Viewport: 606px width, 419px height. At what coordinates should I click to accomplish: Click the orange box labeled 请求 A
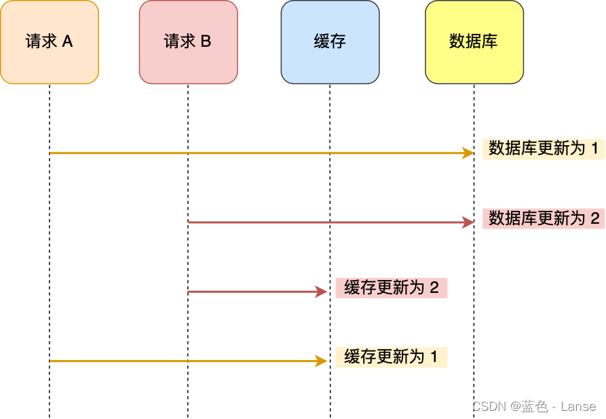click(x=50, y=42)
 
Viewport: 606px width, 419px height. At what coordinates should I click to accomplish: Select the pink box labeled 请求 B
click(x=188, y=42)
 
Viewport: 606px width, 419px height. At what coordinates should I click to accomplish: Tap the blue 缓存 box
click(x=330, y=42)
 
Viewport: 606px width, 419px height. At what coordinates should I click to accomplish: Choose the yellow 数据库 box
click(x=474, y=42)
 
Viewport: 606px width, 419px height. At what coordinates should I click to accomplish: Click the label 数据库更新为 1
click(x=543, y=148)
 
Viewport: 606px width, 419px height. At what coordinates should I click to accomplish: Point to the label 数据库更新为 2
click(x=543, y=218)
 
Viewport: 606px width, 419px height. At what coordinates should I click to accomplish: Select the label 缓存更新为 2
click(x=392, y=287)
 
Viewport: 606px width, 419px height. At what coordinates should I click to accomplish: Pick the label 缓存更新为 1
click(x=392, y=357)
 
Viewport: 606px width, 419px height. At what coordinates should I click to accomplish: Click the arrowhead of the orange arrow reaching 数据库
click(x=468, y=153)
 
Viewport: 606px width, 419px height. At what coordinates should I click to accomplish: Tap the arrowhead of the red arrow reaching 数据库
click(x=468, y=222)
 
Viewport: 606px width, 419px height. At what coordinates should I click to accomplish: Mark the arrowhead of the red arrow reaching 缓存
click(x=322, y=292)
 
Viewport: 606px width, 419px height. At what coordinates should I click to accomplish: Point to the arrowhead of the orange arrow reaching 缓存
click(x=322, y=361)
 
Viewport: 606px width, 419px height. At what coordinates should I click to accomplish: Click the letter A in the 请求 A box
click(x=67, y=42)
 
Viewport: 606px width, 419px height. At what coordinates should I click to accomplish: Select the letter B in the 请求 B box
click(x=206, y=42)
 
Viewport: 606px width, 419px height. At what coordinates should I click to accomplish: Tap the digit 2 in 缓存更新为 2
click(x=434, y=287)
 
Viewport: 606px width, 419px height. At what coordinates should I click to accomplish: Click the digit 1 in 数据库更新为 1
click(x=595, y=148)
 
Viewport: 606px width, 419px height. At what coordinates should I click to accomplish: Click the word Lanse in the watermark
click(x=578, y=407)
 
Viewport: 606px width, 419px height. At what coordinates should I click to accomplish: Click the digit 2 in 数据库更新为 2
click(x=595, y=218)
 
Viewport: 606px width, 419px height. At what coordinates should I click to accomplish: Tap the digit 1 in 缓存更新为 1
click(x=434, y=357)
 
